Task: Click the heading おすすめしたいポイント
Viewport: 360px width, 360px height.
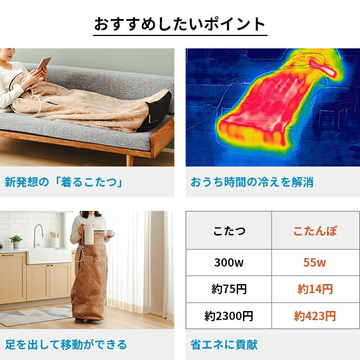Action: click(x=179, y=24)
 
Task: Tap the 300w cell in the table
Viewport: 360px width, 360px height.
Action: click(x=228, y=262)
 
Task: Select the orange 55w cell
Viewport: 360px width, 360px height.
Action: click(x=314, y=262)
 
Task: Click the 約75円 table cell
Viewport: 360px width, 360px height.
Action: click(x=228, y=289)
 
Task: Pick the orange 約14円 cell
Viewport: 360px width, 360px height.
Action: click(x=314, y=289)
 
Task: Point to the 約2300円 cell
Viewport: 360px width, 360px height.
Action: click(x=228, y=316)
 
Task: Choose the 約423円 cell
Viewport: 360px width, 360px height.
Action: click(x=314, y=316)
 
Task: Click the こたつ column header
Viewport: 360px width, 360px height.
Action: click(x=228, y=231)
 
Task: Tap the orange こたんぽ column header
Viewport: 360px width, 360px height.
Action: click(x=314, y=231)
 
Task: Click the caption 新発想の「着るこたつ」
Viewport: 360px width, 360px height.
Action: click(x=64, y=182)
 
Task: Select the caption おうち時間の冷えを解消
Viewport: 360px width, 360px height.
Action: click(x=251, y=182)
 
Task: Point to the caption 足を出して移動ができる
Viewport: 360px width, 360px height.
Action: click(x=66, y=344)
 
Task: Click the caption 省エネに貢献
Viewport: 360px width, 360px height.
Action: click(x=224, y=344)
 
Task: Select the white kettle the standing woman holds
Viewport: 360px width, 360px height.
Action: click(x=89, y=232)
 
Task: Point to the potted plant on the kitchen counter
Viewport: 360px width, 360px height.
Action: click(x=16, y=241)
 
